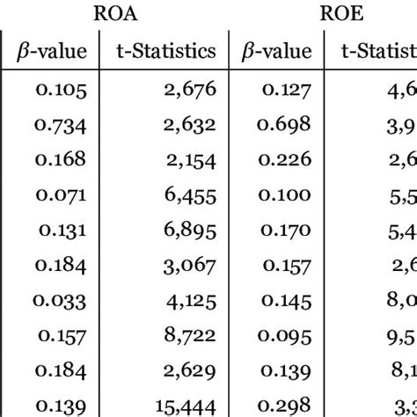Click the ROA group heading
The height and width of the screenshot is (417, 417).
[118, 14]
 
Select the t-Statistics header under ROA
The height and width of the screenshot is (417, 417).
[165, 51]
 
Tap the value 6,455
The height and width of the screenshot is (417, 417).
[190, 193]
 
